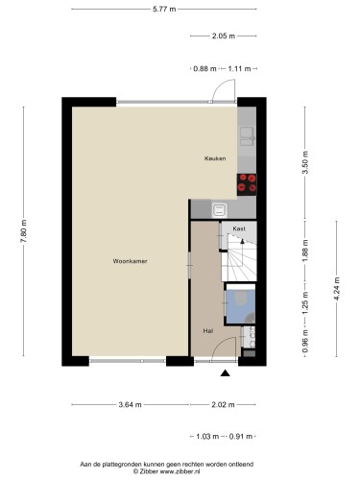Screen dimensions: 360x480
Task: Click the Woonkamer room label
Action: click(x=130, y=261)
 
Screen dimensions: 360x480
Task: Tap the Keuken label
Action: click(x=215, y=158)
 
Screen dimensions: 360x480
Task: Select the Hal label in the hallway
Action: click(x=208, y=331)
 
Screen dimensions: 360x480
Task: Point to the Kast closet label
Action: click(x=239, y=228)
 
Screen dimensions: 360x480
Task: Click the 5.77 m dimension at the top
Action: click(x=164, y=9)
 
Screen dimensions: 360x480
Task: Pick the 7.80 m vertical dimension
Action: click(x=24, y=231)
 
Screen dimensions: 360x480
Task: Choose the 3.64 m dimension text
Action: click(x=130, y=404)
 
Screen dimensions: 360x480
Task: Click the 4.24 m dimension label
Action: click(x=336, y=289)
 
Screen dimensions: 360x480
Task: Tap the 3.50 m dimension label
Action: click(x=305, y=162)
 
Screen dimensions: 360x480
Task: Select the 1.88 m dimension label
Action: click(x=305, y=251)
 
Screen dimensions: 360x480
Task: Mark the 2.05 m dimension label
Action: click(x=224, y=36)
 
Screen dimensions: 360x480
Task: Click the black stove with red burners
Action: click(x=247, y=184)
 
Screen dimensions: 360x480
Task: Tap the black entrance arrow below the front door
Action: click(x=226, y=372)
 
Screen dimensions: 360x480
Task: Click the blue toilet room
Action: click(x=241, y=306)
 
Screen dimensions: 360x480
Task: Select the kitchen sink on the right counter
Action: click(x=247, y=136)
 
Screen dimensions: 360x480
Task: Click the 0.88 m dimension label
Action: click(x=204, y=68)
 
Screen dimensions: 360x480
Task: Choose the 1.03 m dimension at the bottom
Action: click(x=207, y=436)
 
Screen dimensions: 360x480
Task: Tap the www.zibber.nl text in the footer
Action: click(x=180, y=471)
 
